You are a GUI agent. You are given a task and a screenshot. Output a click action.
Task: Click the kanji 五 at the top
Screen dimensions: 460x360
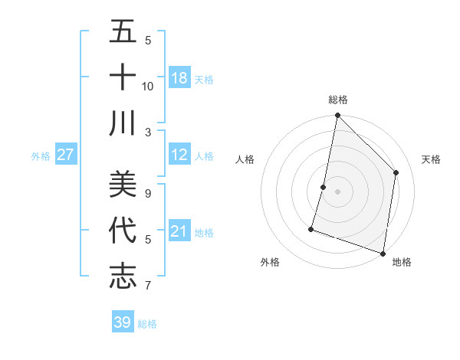point(123,31)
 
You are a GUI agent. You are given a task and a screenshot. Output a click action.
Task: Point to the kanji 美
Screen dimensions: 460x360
point(123,185)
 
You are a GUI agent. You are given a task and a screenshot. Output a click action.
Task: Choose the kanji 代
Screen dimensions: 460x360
point(123,231)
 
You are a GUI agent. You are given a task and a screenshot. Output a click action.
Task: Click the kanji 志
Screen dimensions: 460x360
point(123,277)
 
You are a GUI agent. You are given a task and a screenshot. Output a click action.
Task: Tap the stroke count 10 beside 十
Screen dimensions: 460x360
point(148,86)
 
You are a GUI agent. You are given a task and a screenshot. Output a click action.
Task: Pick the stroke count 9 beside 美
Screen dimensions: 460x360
point(148,194)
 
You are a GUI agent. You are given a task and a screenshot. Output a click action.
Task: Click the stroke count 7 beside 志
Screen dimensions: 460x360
point(148,286)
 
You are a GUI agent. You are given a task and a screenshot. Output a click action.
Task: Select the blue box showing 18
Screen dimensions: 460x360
point(179,77)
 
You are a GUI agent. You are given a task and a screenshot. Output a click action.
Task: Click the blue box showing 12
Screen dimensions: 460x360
point(179,155)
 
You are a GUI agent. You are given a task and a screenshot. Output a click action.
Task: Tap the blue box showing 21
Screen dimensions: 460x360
point(179,231)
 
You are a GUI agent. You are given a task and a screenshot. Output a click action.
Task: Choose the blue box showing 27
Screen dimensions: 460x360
point(66,155)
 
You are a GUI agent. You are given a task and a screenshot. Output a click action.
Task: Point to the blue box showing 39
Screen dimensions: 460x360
point(122,322)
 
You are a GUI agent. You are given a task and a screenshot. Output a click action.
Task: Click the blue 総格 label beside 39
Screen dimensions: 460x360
point(148,324)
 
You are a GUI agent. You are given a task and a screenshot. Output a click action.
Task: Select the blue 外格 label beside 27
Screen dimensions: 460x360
point(41,156)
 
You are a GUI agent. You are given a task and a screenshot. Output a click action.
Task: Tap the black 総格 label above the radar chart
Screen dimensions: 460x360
point(337,100)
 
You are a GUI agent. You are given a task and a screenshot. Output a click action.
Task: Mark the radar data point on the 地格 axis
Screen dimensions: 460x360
point(382,253)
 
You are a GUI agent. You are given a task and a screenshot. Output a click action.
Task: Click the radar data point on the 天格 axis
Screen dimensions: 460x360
point(396,172)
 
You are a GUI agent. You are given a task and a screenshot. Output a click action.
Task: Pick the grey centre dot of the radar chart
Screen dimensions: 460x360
point(337,191)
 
